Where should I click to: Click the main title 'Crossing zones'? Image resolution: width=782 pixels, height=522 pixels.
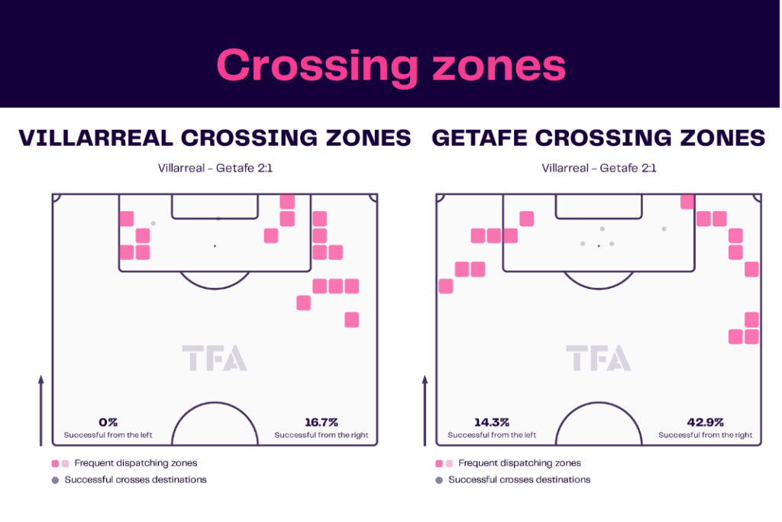[x=391, y=66]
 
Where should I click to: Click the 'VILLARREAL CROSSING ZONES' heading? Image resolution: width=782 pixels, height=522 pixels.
[x=215, y=138]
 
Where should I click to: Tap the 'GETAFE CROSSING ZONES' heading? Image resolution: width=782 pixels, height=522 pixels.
[x=599, y=138]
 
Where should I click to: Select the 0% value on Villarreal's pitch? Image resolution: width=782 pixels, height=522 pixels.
[x=108, y=422]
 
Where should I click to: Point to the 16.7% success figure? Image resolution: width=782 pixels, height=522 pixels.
[x=322, y=422]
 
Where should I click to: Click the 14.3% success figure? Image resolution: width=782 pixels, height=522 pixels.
[x=492, y=422]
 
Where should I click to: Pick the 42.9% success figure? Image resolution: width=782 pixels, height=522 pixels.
[x=705, y=422]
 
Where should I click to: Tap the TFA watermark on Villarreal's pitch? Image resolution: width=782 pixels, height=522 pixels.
[x=215, y=358]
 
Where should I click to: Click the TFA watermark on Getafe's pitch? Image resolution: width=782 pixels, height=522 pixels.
[x=599, y=358]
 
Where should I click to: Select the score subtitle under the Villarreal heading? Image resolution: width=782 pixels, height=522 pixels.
[x=215, y=168]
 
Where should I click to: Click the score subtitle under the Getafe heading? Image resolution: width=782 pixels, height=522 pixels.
[x=599, y=168]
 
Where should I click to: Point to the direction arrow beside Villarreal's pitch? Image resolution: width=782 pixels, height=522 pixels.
[x=41, y=410]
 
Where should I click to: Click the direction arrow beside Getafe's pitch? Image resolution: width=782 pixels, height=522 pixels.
[x=425, y=410]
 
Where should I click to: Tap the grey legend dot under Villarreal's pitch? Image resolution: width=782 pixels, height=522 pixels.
[x=55, y=480]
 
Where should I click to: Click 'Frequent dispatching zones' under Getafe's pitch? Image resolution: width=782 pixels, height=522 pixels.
[x=519, y=463]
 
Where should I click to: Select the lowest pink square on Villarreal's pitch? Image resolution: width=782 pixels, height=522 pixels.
[x=351, y=319]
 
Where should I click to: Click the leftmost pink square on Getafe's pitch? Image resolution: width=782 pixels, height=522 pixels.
[x=446, y=286]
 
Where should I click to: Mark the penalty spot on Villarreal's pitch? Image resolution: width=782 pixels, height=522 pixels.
[x=215, y=246]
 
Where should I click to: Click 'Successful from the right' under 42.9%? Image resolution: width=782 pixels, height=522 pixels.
[x=705, y=435]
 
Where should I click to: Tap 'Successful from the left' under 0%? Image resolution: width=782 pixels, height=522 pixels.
[x=108, y=435]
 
